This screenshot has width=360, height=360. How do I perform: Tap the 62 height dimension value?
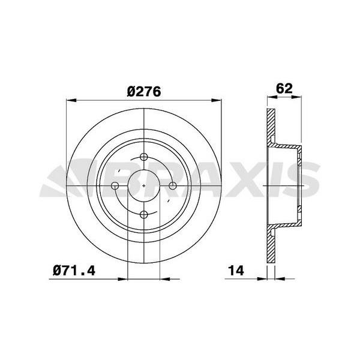pyautogui.click(x=284, y=87)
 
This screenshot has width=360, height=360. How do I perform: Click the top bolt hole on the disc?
pyautogui.click(x=145, y=158)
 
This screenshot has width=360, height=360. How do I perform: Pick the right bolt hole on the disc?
pyautogui.click(x=173, y=186)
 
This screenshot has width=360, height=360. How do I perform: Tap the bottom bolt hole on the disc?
pyautogui.click(x=145, y=214)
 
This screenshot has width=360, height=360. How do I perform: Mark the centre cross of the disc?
pyautogui.click(x=145, y=186)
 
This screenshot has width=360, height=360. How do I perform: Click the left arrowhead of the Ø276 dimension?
pyautogui.click(x=68, y=100)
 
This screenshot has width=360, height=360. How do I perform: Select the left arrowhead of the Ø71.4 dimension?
pyautogui.click(x=125, y=278)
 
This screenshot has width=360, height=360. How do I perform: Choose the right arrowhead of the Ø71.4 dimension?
pyautogui.click(x=164, y=278)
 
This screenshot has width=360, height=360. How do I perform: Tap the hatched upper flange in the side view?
pyautogui.click(x=271, y=129)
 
